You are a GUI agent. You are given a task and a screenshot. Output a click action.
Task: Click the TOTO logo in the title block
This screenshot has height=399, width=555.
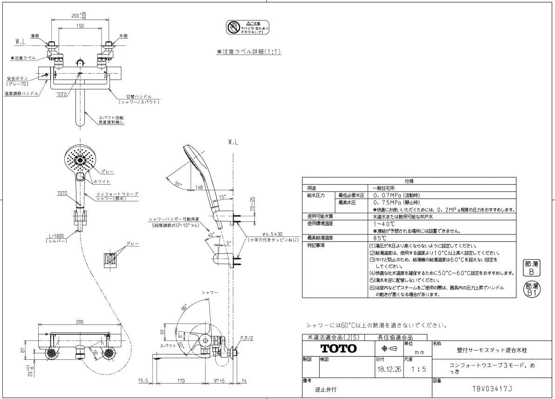(338, 349)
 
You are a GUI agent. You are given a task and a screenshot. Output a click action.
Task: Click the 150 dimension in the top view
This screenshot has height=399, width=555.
(81, 26)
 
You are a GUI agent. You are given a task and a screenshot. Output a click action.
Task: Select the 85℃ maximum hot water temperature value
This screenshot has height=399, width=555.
(380, 238)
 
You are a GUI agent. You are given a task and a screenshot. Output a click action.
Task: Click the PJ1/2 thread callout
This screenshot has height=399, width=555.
(247, 338)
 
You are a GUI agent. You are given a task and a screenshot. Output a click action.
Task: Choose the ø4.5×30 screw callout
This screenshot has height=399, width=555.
(265, 235)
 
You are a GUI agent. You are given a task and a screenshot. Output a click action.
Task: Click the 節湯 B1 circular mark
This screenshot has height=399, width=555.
(532, 290)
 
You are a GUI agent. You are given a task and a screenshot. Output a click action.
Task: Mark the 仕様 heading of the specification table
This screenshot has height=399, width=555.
(409, 181)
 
